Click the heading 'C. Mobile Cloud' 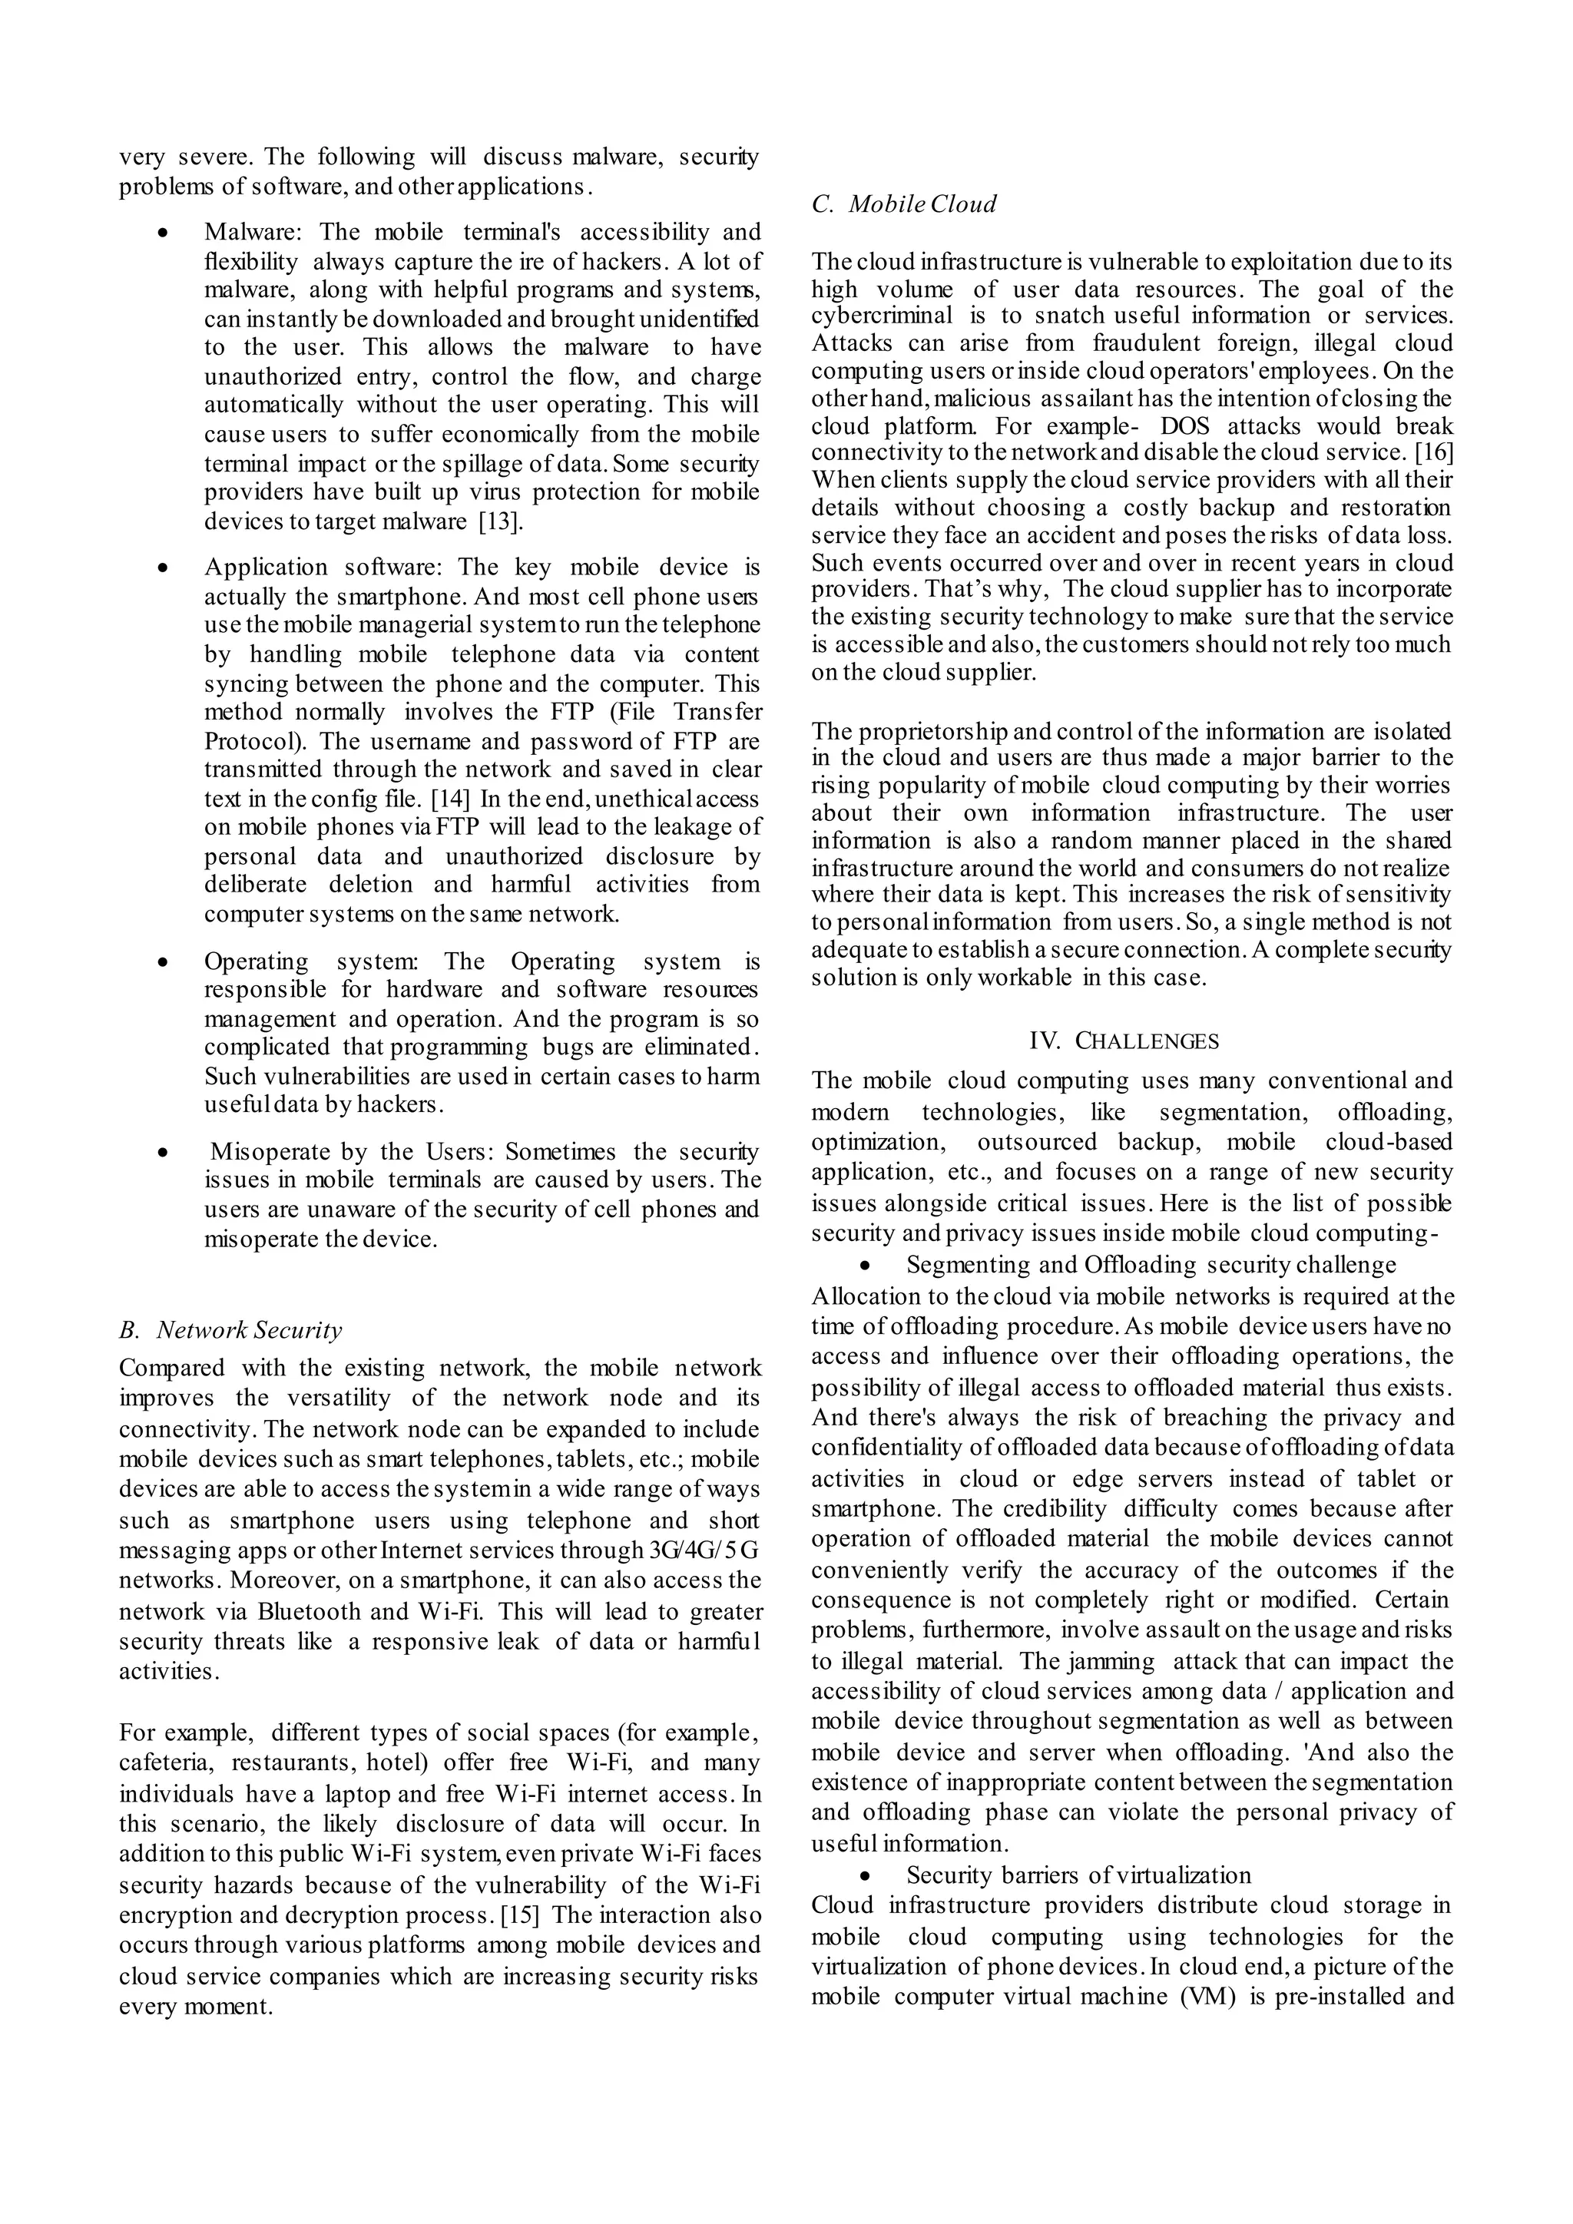[x=904, y=204]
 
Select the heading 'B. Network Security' [x=230, y=1330]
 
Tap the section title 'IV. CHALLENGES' [x=1124, y=1041]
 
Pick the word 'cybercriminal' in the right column [x=868, y=316]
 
